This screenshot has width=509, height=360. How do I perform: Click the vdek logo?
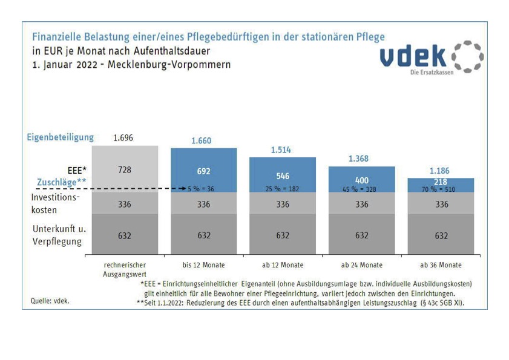(x=432, y=57)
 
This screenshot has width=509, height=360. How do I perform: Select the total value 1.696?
(x=123, y=138)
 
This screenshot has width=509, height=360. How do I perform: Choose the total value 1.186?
(x=439, y=171)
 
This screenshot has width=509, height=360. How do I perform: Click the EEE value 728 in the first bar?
(x=124, y=170)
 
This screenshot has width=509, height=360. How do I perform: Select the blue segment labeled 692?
(x=203, y=171)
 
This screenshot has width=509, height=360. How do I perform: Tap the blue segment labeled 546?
(x=283, y=176)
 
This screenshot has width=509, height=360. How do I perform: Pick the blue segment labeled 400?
(x=361, y=180)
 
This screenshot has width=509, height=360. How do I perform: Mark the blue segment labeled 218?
(x=441, y=182)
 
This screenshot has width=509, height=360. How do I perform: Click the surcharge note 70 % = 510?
(x=440, y=189)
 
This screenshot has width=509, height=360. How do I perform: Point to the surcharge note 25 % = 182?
(x=283, y=189)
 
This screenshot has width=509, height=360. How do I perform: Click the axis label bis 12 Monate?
(x=203, y=265)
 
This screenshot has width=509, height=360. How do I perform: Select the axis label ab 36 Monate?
(x=441, y=265)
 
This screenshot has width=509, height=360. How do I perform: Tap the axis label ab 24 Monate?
(x=361, y=265)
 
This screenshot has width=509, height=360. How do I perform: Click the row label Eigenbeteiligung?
(x=60, y=137)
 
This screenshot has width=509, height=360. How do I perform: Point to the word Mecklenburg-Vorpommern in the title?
(x=169, y=64)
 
